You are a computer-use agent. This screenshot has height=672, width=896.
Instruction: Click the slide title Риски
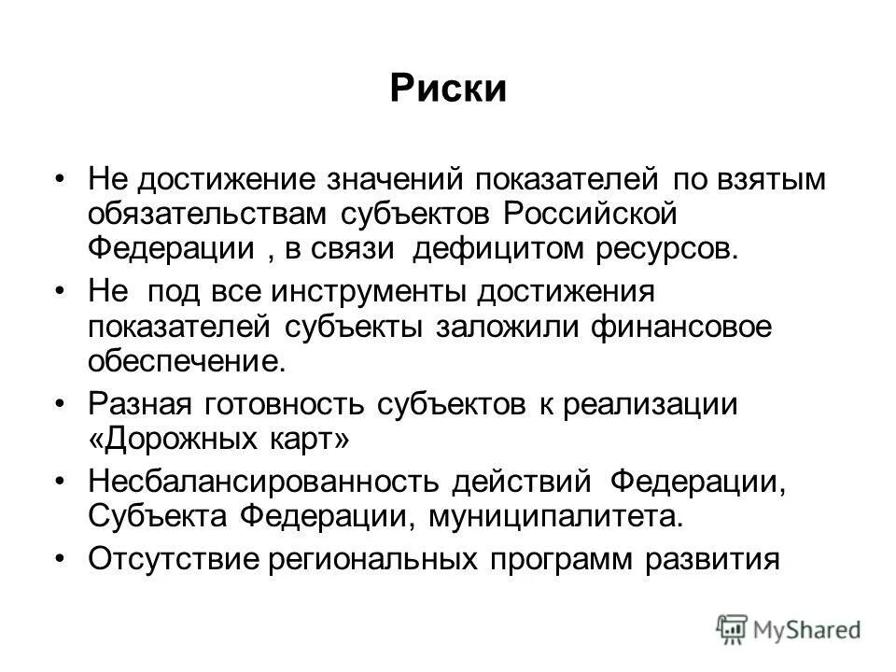447,90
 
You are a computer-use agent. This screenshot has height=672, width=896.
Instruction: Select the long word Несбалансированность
263,482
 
